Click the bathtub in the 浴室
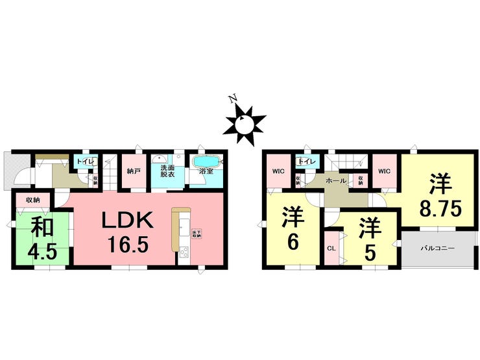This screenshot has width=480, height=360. click(x=207, y=162)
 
